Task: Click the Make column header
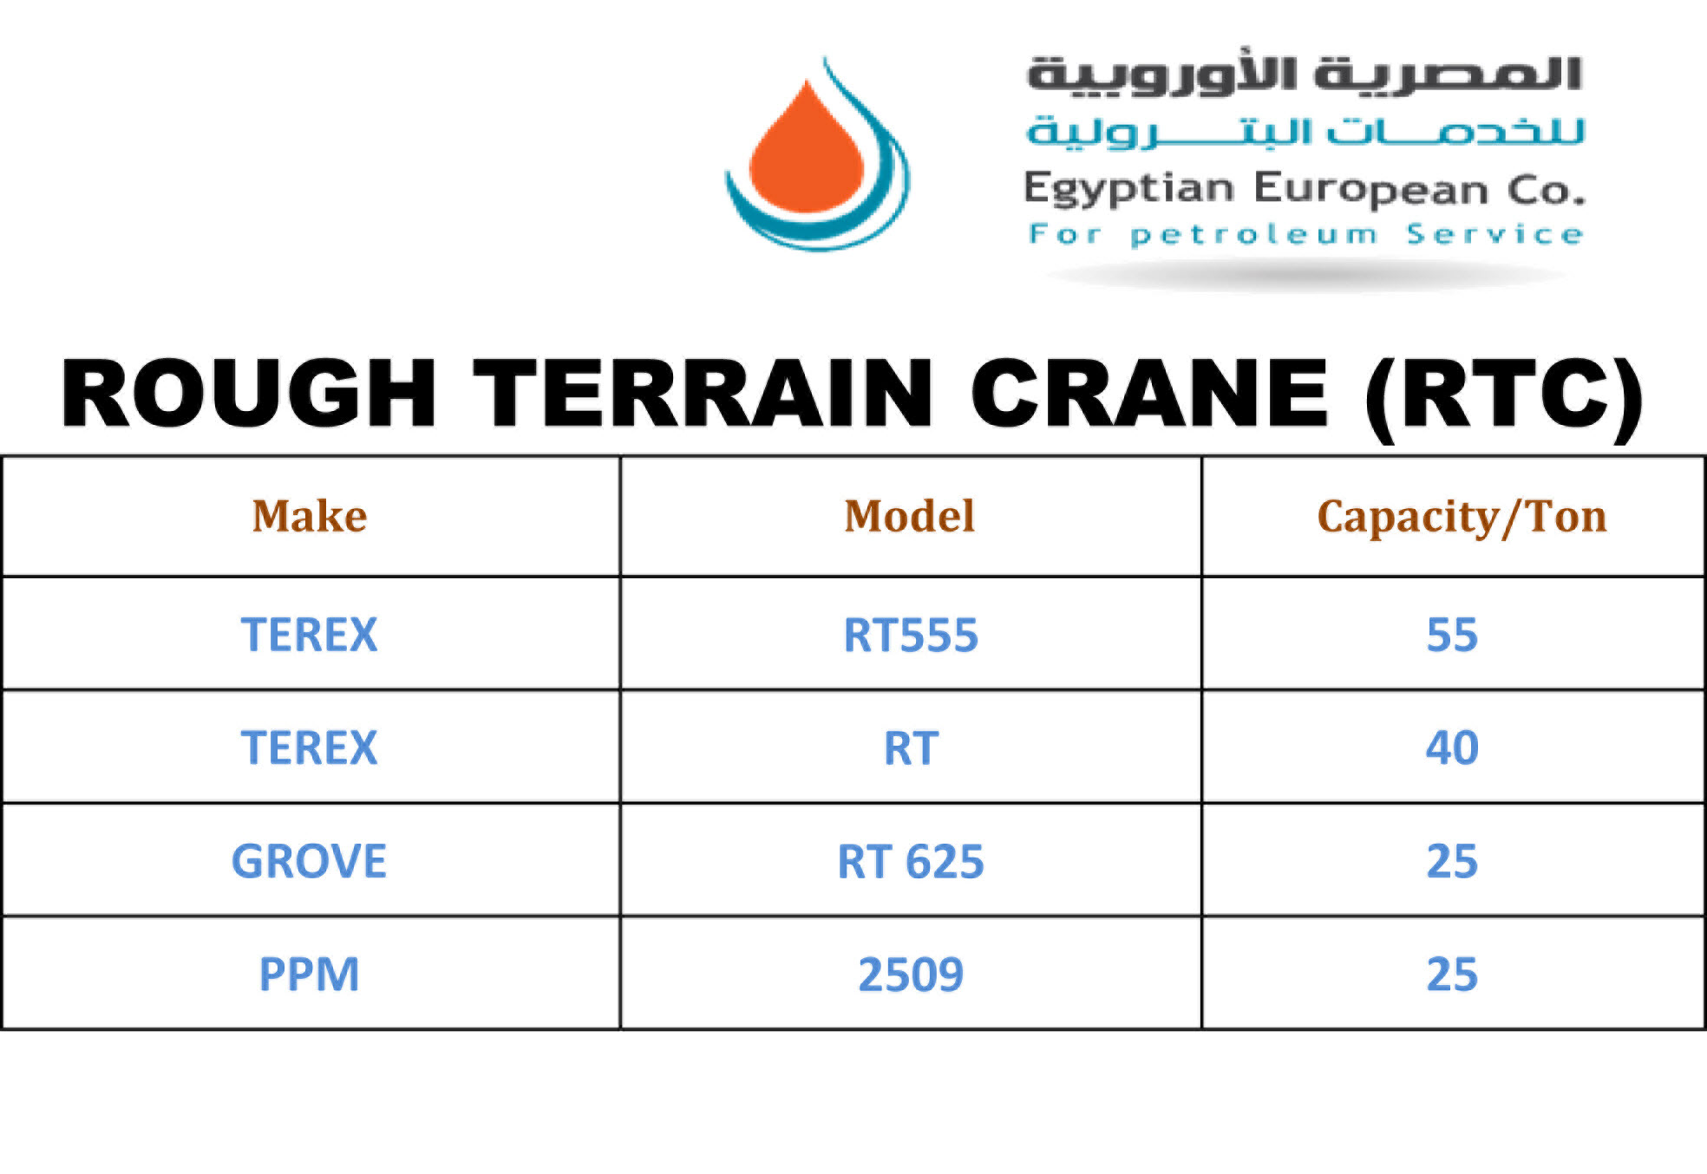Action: coord(310,516)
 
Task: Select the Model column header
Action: coord(910,516)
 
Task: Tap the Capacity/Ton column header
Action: coord(1462,518)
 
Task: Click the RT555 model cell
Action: coord(911,635)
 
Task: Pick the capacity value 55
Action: coord(1452,635)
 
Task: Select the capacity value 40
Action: coord(1452,747)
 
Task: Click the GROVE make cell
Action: coord(309,861)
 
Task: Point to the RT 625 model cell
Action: coord(911,862)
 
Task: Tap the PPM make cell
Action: coord(309,975)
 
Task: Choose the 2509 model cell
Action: coord(911,975)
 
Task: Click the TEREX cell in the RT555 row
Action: coord(309,635)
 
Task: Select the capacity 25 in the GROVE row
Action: coord(1452,862)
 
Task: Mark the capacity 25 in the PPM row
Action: coord(1452,975)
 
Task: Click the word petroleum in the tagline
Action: coord(1254,235)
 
